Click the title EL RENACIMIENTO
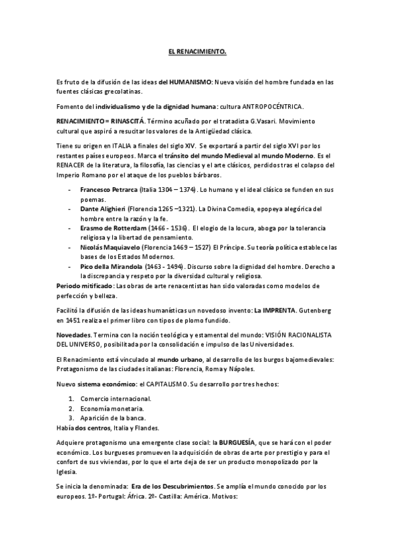(197, 51)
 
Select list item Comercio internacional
(115, 399)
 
